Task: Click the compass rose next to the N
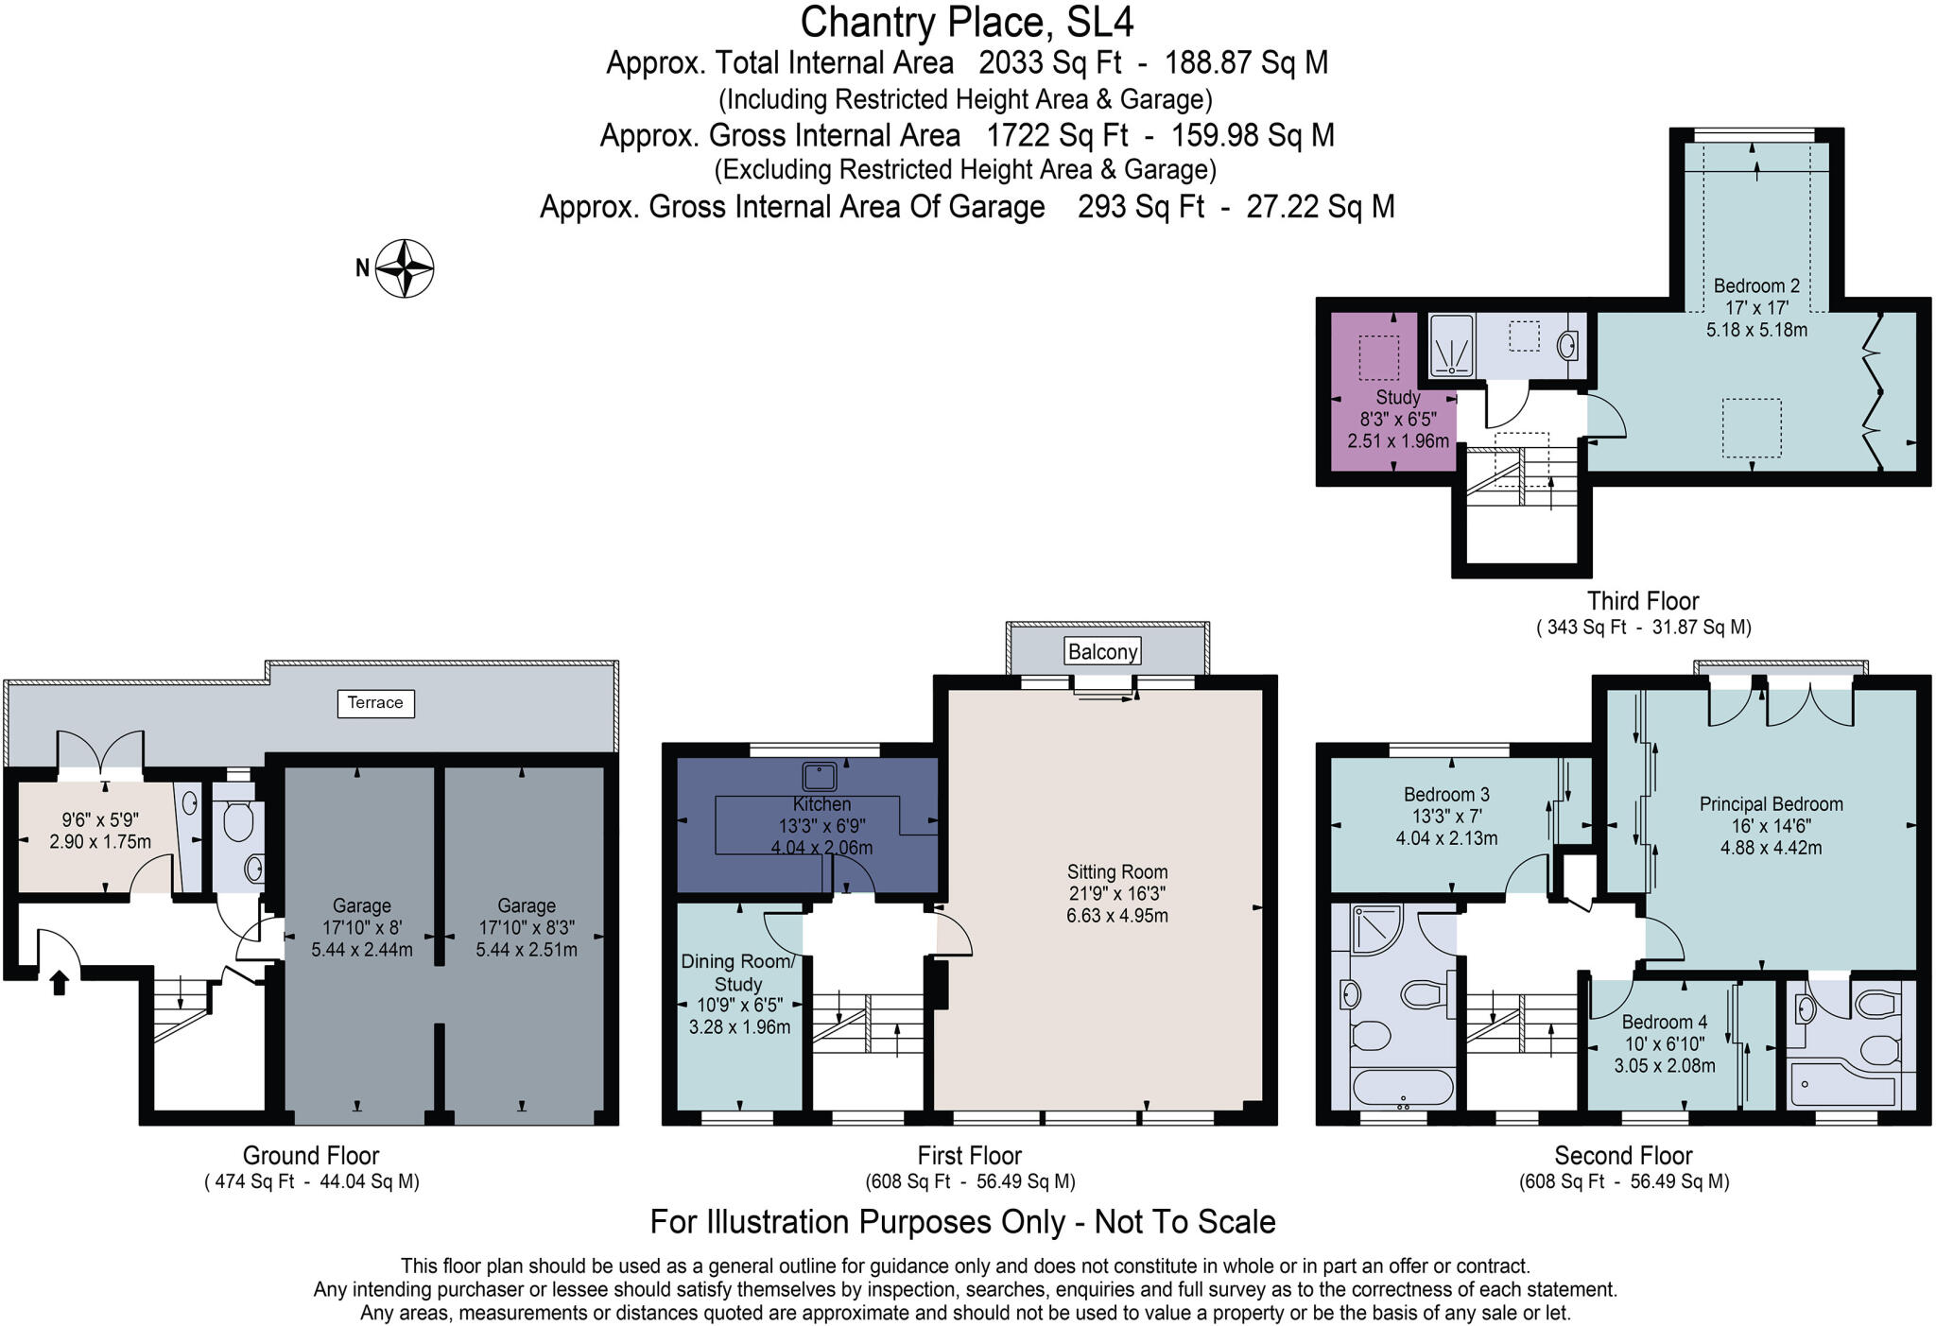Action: [x=405, y=268]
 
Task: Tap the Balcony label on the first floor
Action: [x=1102, y=651]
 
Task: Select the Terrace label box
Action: [x=375, y=703]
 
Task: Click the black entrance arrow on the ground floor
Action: [x=59, y=983]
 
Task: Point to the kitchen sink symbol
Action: [x=819, y=777]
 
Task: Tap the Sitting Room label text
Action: [x=1117, y=872]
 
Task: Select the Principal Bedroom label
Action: [x=1771, y=804]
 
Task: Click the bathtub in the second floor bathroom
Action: [x=1402, y=1087]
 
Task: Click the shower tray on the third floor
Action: [x=1451, y=346]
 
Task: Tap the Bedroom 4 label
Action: [x=1664, y=1023]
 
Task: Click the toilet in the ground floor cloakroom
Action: [x=238, y=822]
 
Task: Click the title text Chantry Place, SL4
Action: [x=966, y=22]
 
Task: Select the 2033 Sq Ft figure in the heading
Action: [x=1049, y=63]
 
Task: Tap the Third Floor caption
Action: [x=1642, y=601]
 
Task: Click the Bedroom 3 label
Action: [x=1446, y=795]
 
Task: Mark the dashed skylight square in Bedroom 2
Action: [x=1751, y=428]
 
